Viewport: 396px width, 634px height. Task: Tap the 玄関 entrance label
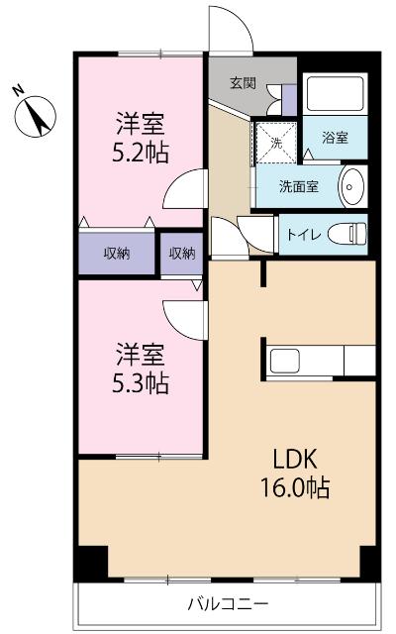click(x=244, y=83)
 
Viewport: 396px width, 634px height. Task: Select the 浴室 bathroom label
click(x=335, y=138)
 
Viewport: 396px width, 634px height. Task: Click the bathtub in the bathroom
click(x=336, y=94)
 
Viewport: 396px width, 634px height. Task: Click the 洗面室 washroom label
click(x=298, y=184)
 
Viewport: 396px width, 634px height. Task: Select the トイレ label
click(x=303, y=235)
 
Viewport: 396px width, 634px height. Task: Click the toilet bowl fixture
click(x=347, y=234)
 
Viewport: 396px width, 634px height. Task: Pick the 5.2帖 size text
click(x=139, y=155)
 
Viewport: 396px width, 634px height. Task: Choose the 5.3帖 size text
click(x=139, y=382)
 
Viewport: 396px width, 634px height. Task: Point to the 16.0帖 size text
click(x=295, y=488)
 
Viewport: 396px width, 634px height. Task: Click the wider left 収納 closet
click(x=117, y=253)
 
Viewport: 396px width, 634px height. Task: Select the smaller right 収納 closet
click(x=182, y=253)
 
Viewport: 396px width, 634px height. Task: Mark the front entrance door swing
click(x=229, y=31)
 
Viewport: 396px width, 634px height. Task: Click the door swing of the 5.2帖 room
click(x=187, y=189)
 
